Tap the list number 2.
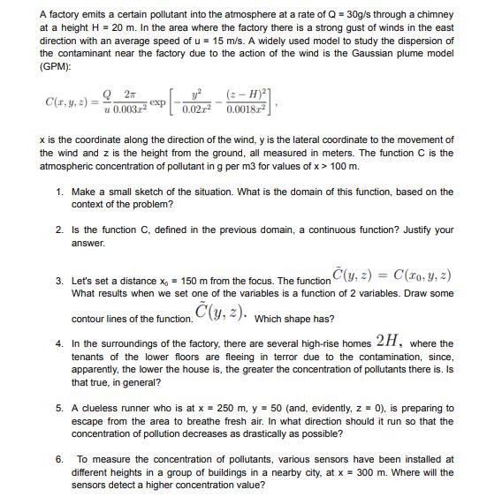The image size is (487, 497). [58, 230]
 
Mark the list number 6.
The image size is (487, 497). [58, 459]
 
